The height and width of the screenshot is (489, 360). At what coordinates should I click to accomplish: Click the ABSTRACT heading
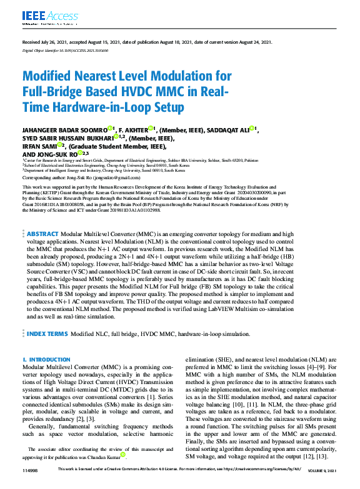coord(42,233)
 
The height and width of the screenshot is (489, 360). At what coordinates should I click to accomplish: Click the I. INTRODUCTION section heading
coord(46,360)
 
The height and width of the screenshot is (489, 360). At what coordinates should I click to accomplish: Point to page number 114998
coord(31,485)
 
